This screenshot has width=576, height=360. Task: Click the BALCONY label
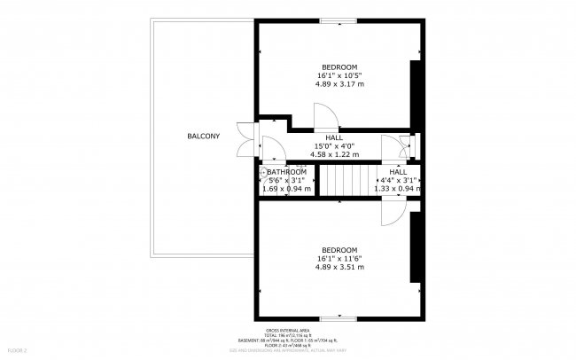(203, 136)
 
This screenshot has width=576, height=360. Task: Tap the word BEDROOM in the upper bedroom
(339, 67)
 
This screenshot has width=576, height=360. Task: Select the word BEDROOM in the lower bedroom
(339, 249)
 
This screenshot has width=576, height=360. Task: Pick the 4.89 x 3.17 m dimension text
(339, 84)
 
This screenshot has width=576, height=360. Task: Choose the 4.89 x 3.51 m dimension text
(339, 266)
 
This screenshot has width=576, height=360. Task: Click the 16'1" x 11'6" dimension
(339, 258)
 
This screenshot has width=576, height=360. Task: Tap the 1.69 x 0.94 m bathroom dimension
(286, 188)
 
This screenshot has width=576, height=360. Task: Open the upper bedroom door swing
(325, 114)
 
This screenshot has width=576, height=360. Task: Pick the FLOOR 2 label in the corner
(14, 351)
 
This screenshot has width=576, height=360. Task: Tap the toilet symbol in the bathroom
(263, 172)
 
